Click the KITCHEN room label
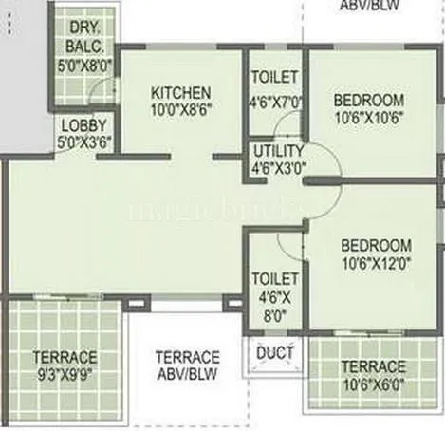180,92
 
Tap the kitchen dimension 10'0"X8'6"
180,108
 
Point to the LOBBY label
84,124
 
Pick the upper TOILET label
275,77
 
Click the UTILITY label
278,151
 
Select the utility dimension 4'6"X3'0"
278,169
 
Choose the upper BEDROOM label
368,101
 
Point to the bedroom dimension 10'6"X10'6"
368,118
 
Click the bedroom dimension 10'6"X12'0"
377,262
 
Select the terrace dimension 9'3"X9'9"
65,374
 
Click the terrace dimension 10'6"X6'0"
373,384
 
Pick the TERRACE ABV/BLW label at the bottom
187,365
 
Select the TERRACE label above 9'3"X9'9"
65,357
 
